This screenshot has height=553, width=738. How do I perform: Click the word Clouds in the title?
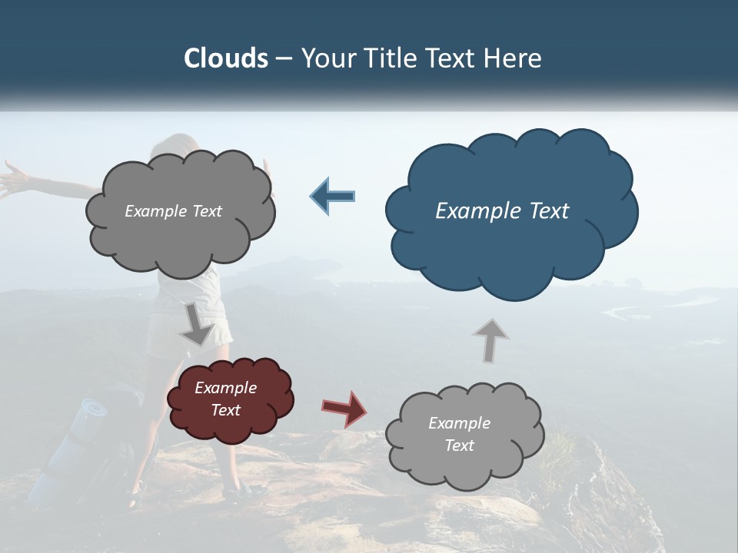[225, 58]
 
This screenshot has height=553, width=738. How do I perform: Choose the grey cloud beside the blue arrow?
[181, 238]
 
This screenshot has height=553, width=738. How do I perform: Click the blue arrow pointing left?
[332, 196]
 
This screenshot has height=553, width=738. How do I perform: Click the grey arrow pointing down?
[197, 325]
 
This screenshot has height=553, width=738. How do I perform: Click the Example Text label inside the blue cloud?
[502, 211]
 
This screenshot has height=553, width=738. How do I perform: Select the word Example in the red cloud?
[225, 388]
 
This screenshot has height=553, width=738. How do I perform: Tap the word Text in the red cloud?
[225, 410]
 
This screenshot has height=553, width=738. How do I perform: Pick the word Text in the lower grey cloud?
[459, 445]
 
